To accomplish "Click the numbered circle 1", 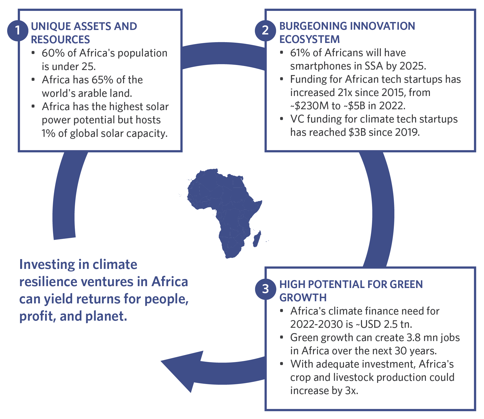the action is tap(18, 30).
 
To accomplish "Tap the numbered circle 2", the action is tap(265, 30).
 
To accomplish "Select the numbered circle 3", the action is tap(265, 289).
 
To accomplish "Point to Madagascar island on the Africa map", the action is tap(257, 239).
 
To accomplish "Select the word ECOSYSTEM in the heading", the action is tap(309, 39).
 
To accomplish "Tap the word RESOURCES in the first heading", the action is tap(60, 40).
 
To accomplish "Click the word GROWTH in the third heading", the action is tap(303, 298).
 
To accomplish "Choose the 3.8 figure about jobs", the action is tap(413, 338).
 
